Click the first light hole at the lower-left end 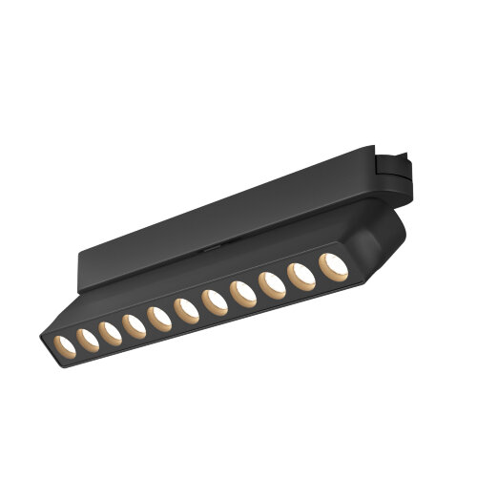[61, 341]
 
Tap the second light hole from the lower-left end [85, 335]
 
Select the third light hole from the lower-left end [109, 330]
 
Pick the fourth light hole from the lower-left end [134, 324]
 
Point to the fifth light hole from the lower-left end [158, 318]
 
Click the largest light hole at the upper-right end [332, 268]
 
